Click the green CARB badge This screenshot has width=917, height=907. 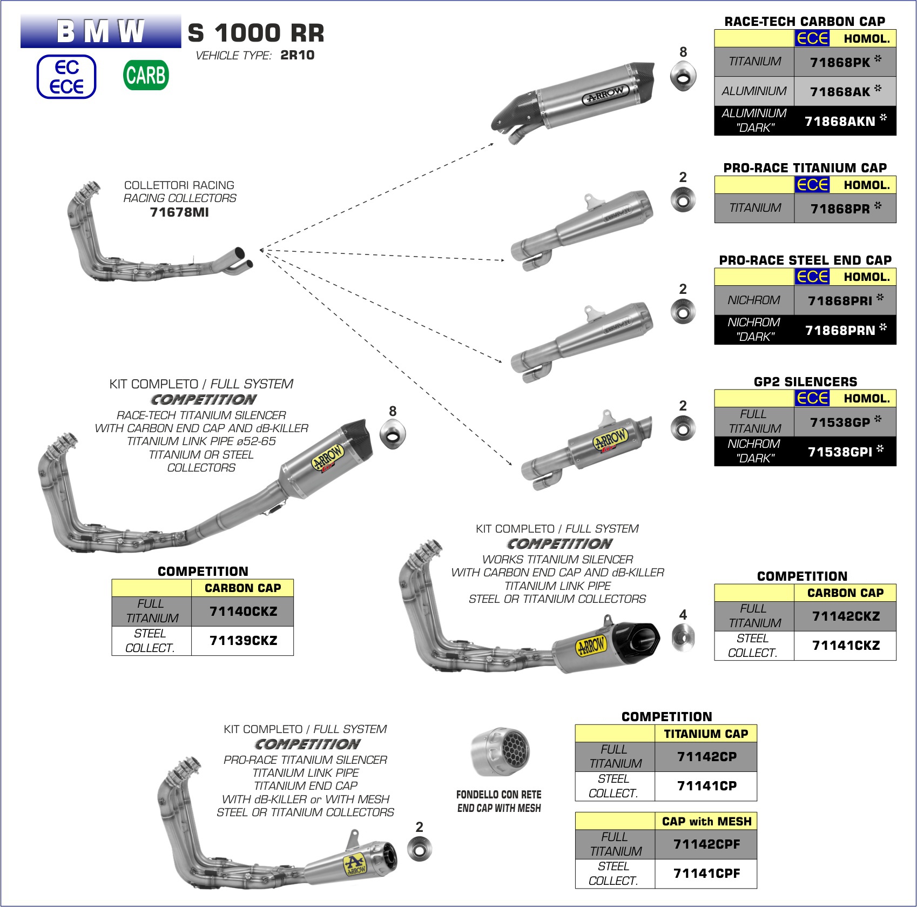point(146,75)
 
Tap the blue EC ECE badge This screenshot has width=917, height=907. point(66,77)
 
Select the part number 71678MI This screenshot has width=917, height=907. point(179,212)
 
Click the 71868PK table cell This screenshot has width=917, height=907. point(845,62)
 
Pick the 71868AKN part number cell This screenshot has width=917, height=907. point(845,120)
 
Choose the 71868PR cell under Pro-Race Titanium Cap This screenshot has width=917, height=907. point(845,209)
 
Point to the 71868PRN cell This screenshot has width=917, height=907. point(845,330)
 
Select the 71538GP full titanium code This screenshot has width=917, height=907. point(845,422)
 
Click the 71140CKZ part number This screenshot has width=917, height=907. point(243,612)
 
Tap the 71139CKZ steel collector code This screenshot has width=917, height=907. point(243,641)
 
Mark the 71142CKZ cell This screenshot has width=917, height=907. point(846,616)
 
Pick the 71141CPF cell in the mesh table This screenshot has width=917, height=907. point(706,874)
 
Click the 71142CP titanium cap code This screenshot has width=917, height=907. point(706,757)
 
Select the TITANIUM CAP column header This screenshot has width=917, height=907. point(706,734)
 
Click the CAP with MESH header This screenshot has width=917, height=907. point(706,822)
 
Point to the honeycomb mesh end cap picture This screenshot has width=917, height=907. point(501,751)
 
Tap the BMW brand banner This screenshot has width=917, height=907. point(101,31)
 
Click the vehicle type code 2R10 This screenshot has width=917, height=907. point(297,55)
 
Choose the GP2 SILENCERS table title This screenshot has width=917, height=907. point(805,381)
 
